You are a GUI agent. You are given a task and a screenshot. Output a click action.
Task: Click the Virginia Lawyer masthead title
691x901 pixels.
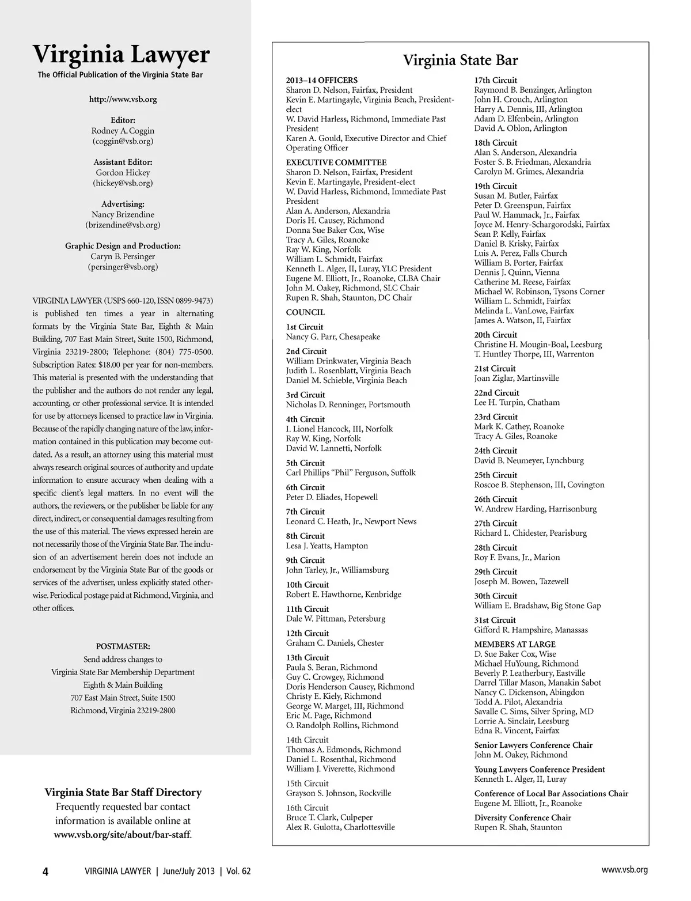click(x=122, y=55)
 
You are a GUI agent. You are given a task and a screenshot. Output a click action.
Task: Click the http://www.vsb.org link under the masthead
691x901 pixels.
click(x=123, y=99)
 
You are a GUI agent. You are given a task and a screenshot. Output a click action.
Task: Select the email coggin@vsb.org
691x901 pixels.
click(x=123, y=141)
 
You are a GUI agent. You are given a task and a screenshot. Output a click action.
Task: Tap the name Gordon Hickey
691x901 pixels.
click(x=123, y=173)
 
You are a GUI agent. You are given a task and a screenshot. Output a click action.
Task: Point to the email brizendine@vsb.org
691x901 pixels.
click(x=123, y=225)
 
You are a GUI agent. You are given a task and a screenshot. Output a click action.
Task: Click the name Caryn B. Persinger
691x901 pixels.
click(x=123, y=257)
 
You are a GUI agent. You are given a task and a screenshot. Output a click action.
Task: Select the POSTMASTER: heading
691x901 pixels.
click(x=123, y=646)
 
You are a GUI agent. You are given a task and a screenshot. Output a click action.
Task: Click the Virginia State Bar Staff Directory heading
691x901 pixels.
click(x=123, y=793)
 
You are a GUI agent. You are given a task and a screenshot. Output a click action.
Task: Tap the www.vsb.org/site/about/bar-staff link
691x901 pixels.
click(x=123, y=834)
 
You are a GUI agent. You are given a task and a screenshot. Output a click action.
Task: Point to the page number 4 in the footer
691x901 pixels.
click(x=45, y=871)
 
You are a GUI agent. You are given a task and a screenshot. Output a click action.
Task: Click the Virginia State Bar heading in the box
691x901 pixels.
click(x=460, y=60)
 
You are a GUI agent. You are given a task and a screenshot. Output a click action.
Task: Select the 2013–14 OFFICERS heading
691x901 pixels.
click(x=322, y=81)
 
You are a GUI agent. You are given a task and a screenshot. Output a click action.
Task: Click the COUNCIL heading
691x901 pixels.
click(x=305, y=313)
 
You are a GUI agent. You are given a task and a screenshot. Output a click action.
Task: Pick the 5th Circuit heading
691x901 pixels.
click(x=305, y=463)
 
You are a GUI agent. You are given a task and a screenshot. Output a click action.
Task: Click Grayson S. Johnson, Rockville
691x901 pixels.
click(x=338, y=793)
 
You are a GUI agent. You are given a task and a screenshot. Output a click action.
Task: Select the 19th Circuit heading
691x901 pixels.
click(x=495, y=187)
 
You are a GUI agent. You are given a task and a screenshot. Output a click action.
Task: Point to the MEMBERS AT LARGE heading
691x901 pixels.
click(x=515, y=644)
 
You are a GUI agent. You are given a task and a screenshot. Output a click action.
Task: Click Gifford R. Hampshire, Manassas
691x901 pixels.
click(x=531, y=630)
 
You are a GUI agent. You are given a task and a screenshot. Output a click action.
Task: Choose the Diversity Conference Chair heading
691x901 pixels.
click(x=522, y=818)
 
